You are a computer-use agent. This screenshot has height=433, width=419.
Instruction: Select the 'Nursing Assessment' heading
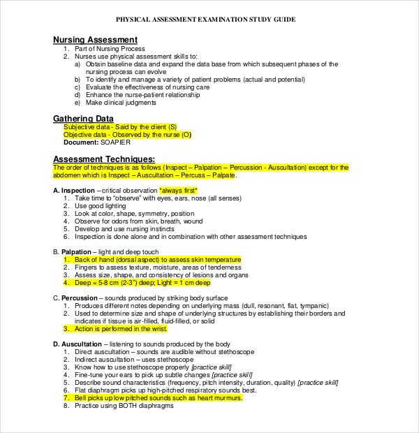[x=95, y=40]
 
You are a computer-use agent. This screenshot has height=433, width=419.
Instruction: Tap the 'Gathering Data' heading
[x=83, y=119]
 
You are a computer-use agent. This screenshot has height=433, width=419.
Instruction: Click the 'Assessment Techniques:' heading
[x=104, y=159]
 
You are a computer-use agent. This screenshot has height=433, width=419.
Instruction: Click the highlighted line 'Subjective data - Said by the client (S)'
[x=120, y=127]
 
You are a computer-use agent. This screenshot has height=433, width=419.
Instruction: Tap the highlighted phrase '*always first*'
[x=178, y=191]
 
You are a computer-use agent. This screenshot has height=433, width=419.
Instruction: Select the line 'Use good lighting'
[x=101, y=206]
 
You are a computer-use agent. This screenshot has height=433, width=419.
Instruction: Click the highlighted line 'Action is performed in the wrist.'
[x=122, y=328]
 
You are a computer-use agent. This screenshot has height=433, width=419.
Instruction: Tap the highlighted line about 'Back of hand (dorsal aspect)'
[x=157, y=260]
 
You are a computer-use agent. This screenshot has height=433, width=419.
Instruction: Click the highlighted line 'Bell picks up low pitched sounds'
[x=159, y=397]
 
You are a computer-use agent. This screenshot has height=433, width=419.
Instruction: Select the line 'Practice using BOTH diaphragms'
[x=123, y=405]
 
